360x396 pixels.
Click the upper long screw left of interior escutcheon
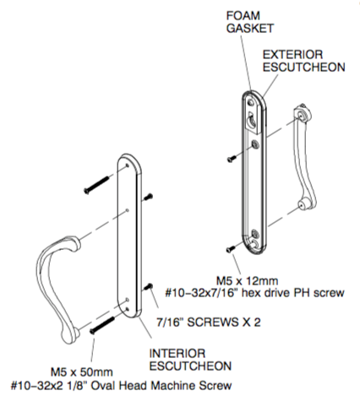(x=96, y=183)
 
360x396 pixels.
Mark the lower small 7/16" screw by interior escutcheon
(x=148, y=288)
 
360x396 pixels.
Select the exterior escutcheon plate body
(x=256, y=177)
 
